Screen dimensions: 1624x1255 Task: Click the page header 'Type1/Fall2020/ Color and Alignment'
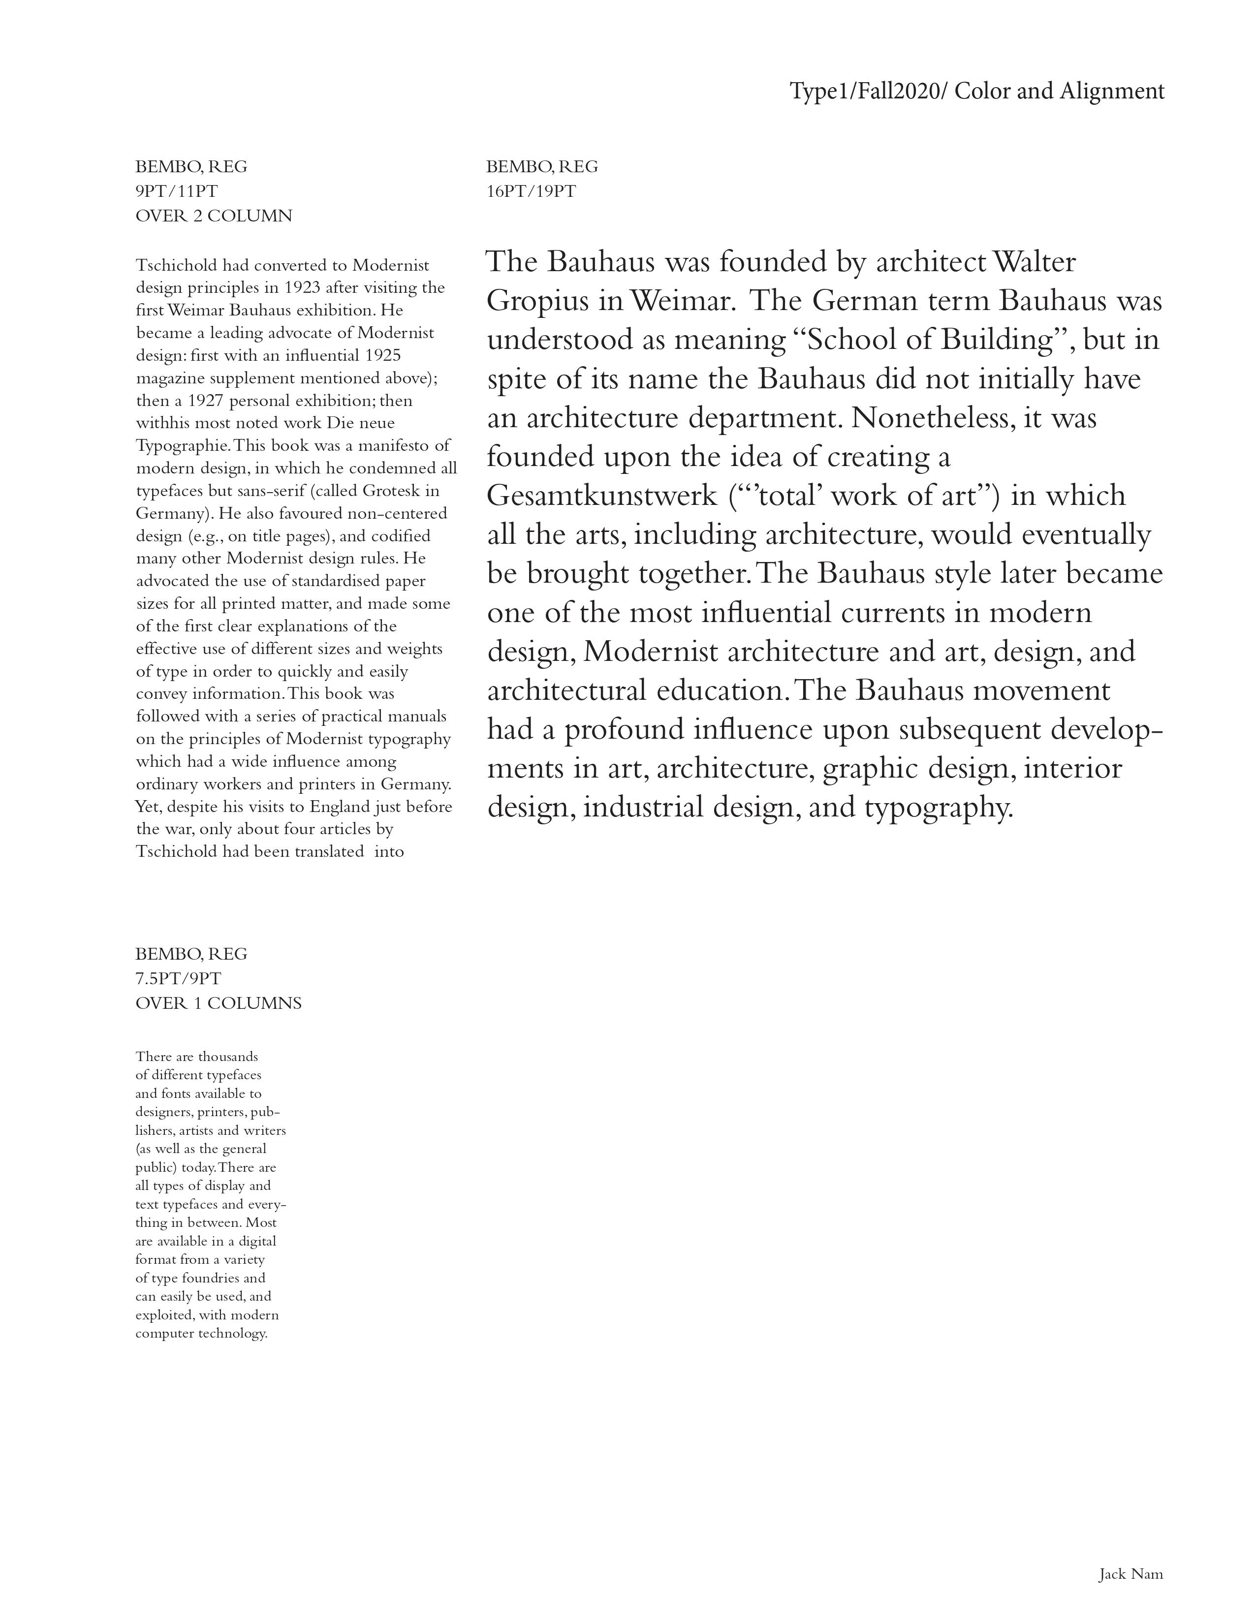point(976,92)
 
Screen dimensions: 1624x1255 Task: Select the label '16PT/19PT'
point(531,191)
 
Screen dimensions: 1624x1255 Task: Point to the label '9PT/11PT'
point(176,191)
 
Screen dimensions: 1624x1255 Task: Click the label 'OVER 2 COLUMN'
point(214,216)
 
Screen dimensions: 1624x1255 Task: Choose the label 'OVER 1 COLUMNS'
point(218,1003)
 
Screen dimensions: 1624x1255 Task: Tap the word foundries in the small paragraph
point(208,1278)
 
